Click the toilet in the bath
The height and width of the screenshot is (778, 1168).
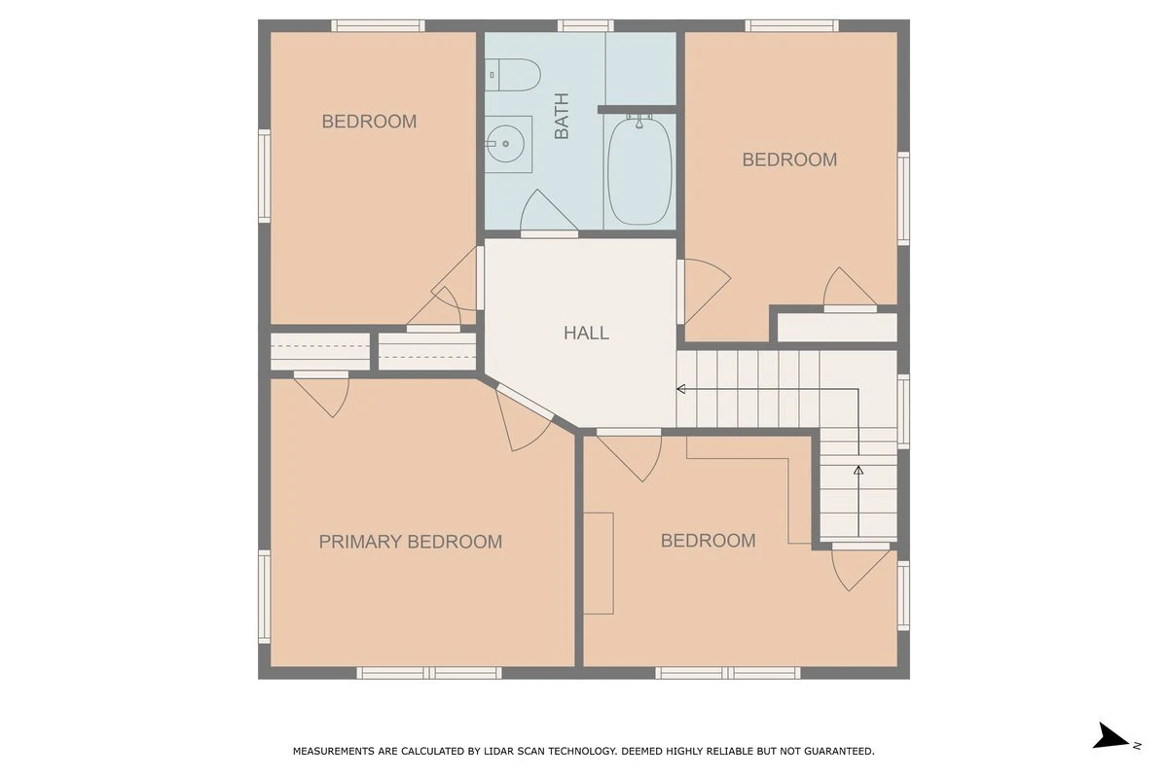click(x=512, y=75)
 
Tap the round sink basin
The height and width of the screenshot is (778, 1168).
click(x=505, y=144)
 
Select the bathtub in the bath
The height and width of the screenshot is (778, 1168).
click(x=639, y=172)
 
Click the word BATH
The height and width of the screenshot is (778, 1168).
click(x=562, y=116)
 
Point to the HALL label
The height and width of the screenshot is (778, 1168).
click(x=586, y=333)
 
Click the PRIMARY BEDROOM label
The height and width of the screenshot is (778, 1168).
click(x=411, y=542)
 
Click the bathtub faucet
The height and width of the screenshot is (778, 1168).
click(x=639, y=121)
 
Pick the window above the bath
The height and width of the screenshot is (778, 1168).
click(x=586, y=25)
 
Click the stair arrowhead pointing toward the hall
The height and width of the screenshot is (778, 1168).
click(x=681, y=389)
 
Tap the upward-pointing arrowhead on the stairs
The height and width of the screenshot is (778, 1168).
click(x=858, y=470)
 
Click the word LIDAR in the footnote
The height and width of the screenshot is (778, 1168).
click(x=497, y=751)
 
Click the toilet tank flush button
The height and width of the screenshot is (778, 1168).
click(x=492, y=75)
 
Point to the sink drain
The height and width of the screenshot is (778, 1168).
click(x=505, y=144)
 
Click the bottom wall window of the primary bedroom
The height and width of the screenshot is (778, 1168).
click(x=429, y=673)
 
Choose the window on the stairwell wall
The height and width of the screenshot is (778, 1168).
click(x=903, y=411)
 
